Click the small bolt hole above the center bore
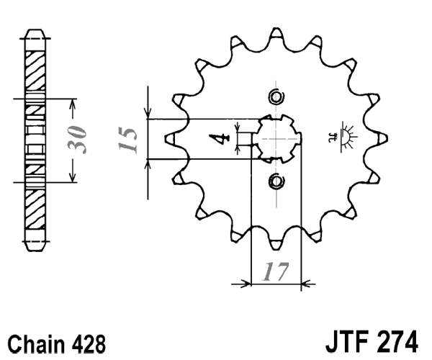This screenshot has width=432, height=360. coord(276,97)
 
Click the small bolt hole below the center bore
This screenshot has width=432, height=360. coord(276,181)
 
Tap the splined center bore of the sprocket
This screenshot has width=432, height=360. coord(276,138)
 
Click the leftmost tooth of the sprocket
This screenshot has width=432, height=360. coord(170,138)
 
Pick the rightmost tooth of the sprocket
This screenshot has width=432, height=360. coord(382,138)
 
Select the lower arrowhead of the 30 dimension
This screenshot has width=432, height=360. coord(71,177)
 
